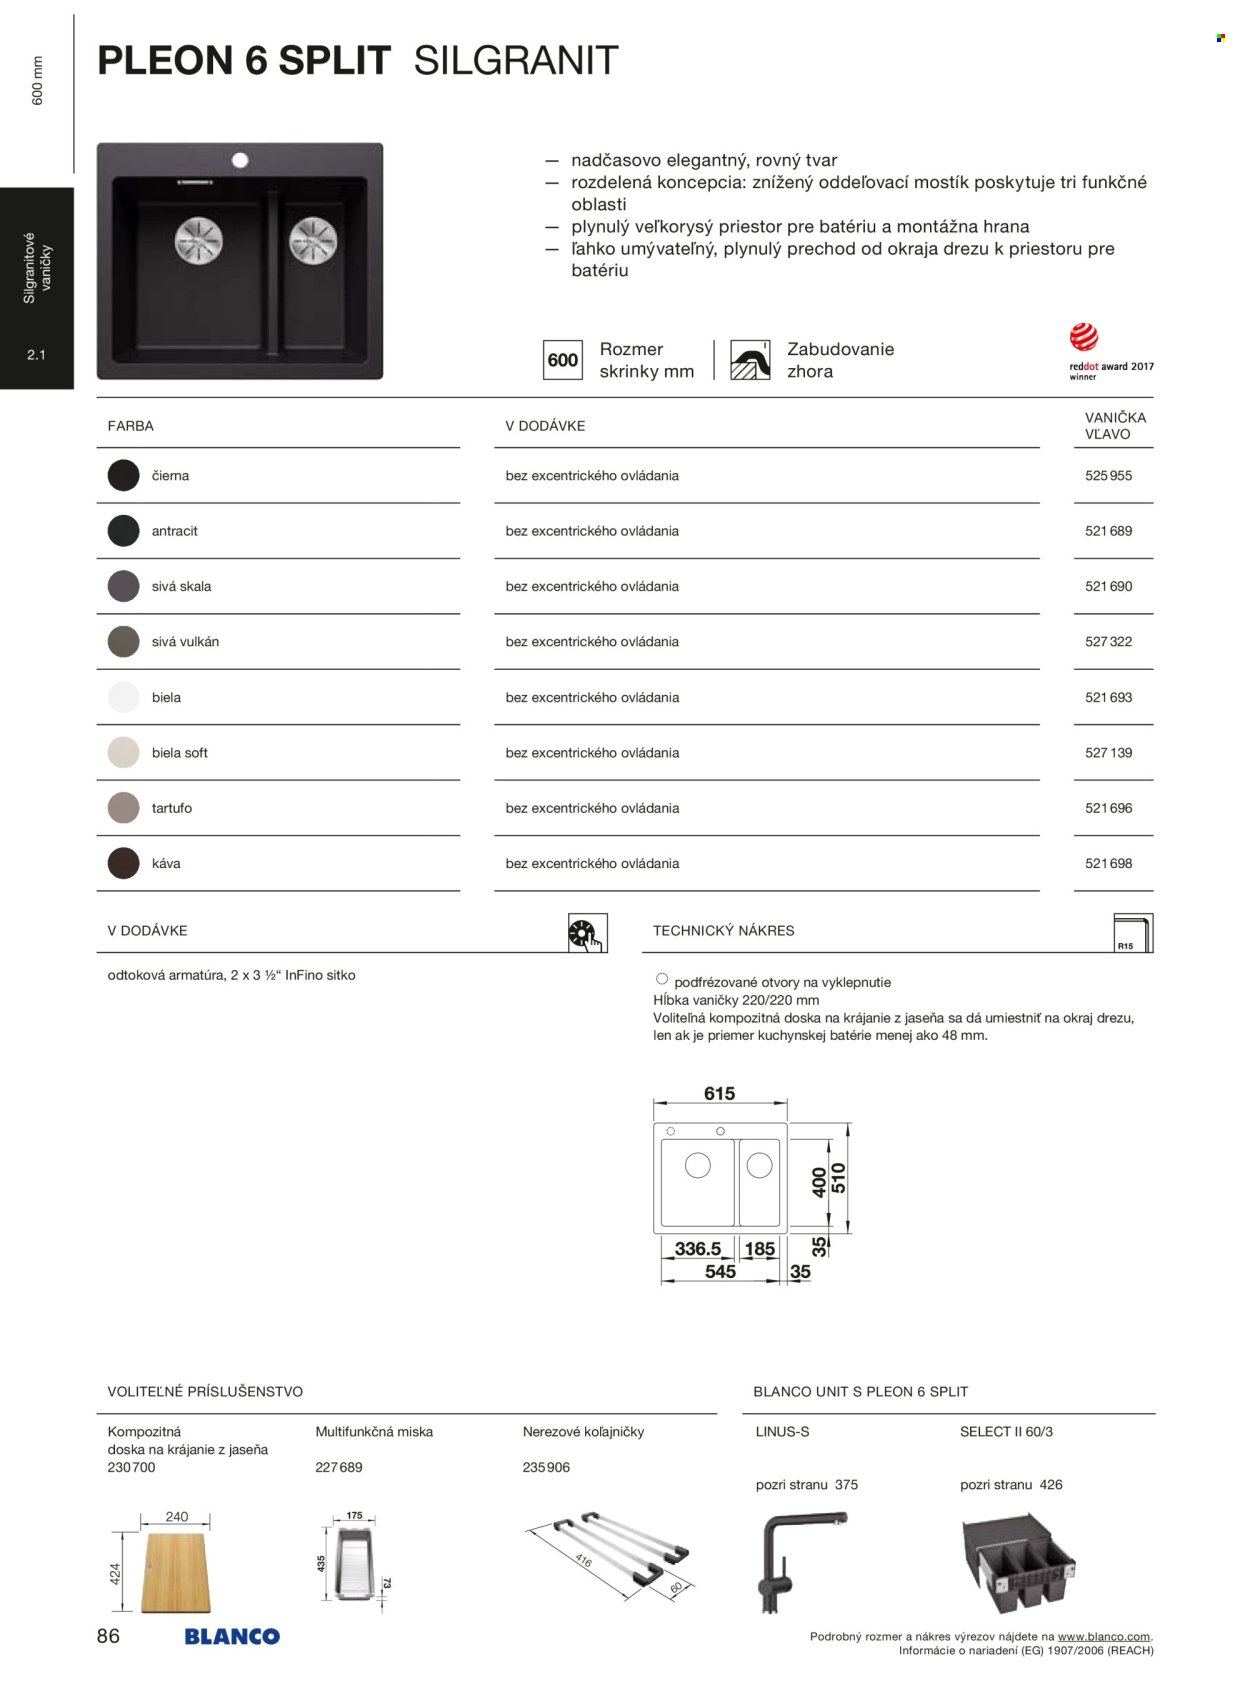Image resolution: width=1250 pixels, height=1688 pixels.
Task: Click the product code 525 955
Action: [1108, 476]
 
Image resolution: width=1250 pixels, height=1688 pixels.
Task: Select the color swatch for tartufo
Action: [123, 808]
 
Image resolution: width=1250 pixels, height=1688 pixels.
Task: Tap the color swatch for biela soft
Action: [123, 752]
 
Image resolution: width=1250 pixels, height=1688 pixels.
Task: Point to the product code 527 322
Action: [1108, 642]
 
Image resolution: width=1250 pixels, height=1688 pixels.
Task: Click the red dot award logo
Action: [1084, 338]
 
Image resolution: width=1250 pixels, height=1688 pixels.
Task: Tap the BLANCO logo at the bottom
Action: [232, 1637]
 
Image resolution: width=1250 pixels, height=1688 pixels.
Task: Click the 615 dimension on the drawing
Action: [719, 1093]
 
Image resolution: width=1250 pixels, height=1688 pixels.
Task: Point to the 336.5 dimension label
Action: [697, 1249]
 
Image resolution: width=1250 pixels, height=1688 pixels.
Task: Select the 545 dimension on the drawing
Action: [720, 1272]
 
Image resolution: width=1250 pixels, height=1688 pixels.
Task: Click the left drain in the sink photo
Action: [199, 241]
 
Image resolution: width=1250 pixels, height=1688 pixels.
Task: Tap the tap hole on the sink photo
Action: [240, 160]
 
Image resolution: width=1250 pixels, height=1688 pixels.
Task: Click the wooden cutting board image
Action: [176, 1572]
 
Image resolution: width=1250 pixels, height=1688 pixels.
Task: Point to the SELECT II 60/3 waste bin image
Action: [1018, 1562]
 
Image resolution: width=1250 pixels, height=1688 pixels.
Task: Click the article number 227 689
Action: [339, 1467]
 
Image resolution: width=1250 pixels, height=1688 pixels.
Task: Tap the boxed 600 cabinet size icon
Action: [562, 360]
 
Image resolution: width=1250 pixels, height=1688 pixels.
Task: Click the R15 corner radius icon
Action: [1133, 933]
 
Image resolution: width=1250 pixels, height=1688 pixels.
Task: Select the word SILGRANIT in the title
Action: [516, 61]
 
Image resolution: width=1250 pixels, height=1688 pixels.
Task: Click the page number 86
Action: [108, 1636]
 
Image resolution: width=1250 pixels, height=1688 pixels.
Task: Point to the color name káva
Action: [166, 863]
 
